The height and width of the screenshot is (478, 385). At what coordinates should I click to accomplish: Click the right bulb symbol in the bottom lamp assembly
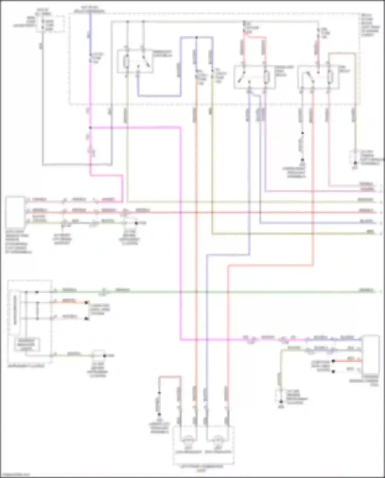[x=218, y=439]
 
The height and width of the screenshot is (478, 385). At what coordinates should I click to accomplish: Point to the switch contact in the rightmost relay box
[x=310, y=77]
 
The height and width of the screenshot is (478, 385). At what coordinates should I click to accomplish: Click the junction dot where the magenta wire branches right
[x=90, y=128]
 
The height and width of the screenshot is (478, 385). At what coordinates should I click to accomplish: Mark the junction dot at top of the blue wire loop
[x=196, y=38]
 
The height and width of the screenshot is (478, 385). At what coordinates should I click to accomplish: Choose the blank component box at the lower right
[x=370, y=354]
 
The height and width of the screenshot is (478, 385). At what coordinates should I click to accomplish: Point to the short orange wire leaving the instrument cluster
[x=69, y=303]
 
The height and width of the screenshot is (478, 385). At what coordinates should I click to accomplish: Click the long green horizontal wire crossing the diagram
[x=231, y=292]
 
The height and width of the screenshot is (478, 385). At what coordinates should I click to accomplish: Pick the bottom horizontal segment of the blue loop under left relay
[x=159, y=96]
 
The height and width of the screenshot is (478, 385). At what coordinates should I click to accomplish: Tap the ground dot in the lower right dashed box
[x=281, y=401]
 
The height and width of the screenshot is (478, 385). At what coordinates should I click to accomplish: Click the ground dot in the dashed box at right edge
[x=355, y=163]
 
